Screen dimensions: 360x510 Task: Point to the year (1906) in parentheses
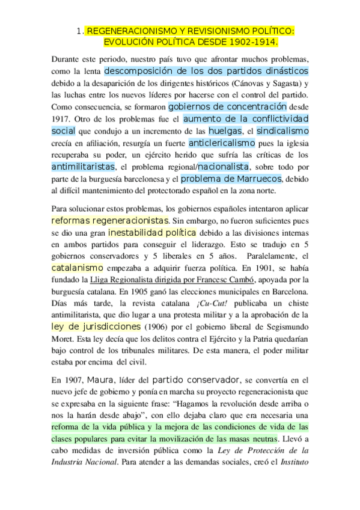click(x=155, y=327)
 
